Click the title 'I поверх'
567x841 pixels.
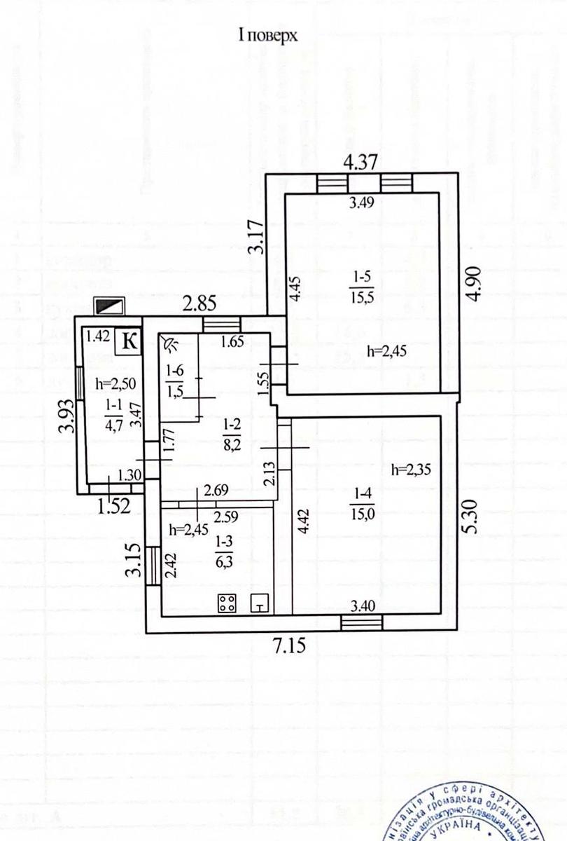pos(268,36)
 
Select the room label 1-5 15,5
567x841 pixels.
pos(360,289)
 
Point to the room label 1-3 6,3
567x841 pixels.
pos(224,549)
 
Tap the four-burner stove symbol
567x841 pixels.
pos(227,603)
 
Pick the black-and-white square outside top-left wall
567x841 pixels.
pos(111,305)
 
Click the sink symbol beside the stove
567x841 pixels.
pos(260,603)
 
